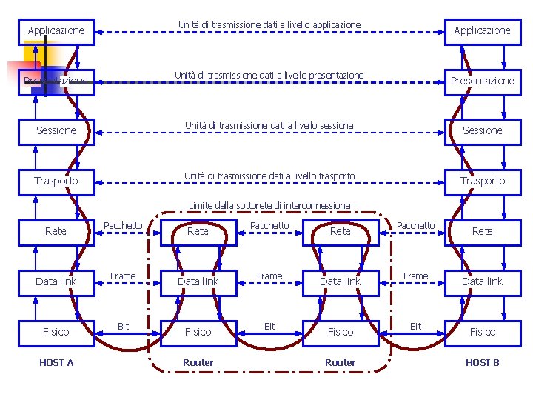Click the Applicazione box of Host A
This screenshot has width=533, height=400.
tap(56, 31)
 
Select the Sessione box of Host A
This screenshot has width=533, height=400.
tap(56, 130)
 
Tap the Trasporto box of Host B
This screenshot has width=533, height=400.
tap(482, 181)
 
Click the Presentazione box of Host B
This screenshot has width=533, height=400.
tap(482, 81)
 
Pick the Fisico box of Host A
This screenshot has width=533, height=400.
tap(56, 332)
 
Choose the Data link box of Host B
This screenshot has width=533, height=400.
tap(482, 281)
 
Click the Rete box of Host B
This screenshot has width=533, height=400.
tap(482, 231)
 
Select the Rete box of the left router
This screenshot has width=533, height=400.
tap(198, 231)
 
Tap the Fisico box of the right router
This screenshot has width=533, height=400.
tap(341, 332)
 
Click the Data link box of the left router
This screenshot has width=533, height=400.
tap(198, 281)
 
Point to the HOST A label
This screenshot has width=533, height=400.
tap(56, 362)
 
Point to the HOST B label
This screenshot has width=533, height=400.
tap(482, 362)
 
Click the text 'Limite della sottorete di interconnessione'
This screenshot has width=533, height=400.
tap(269, 205)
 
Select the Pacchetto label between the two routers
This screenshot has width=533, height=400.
tap(269, 225)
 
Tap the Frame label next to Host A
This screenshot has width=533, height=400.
tap(123, 276)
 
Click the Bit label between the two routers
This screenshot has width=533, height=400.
tap(269, 326)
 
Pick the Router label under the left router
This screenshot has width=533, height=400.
tap(198, 362)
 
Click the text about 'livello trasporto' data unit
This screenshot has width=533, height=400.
tap(269, 176)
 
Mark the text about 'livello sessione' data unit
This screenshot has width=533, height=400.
tap(269, 126)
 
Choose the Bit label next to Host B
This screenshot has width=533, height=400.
tap(415, 326)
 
